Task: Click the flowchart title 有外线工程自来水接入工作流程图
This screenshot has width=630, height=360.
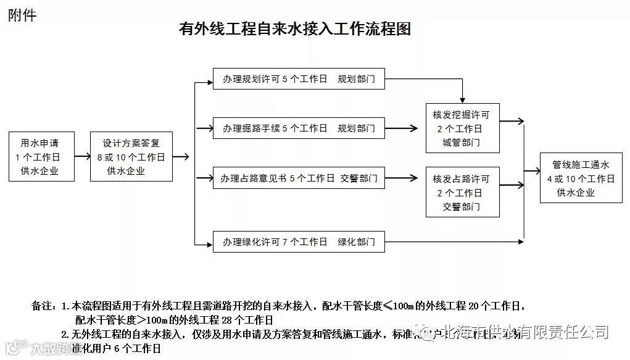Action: [x=294, y=29]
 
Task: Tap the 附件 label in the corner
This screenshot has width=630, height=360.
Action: [x=22, y=15]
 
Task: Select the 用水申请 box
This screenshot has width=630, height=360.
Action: [x=40, y=156]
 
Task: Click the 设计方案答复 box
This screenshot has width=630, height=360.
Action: [x=131, y=156]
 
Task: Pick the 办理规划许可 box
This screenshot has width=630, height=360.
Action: [x=299, y=79]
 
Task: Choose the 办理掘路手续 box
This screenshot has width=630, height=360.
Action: [x=299, y=128]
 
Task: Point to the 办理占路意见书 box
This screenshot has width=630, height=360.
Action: [x=299, y=178]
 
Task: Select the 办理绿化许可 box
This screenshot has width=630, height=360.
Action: [x=299, y=241]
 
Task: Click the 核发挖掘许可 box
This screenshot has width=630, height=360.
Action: [x=462, y=128]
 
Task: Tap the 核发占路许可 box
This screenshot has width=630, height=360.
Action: [x=462, y=191]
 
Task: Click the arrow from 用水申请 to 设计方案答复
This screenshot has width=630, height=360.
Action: [x=80, y=156]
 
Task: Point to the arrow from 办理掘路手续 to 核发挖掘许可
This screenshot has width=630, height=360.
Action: [x=405, y=128]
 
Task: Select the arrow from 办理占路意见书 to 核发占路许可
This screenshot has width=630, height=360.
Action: [x=405, y=178]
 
